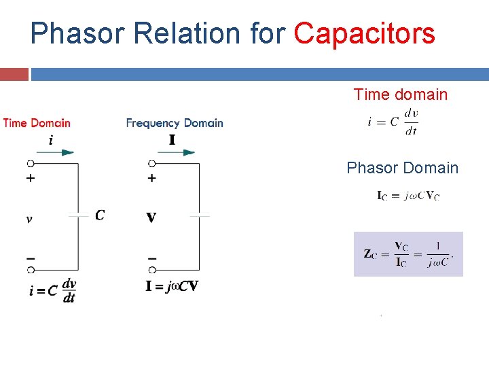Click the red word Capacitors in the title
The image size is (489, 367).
(364, 33)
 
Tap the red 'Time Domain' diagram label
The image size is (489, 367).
(37, 123)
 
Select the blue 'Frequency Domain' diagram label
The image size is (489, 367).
(175, 123)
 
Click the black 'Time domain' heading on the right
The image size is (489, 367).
(400, 94)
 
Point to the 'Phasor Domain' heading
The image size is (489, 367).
(402, 168)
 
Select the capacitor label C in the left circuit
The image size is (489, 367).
(100, 215)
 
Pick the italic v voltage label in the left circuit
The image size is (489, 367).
(29, 219)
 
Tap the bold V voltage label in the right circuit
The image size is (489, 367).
(151, 218)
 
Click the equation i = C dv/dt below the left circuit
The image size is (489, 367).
(52, 290)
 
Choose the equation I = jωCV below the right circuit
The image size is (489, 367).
(172, 286)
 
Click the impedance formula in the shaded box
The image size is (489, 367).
(408, 254)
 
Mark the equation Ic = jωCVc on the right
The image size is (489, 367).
(408, 196)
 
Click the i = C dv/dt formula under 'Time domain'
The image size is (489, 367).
(393, 122)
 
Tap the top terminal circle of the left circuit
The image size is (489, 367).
(30, 164)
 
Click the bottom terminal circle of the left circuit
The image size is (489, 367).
(30, 270)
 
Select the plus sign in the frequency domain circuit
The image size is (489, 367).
(151, 178)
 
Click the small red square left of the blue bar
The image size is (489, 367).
(14, 74)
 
